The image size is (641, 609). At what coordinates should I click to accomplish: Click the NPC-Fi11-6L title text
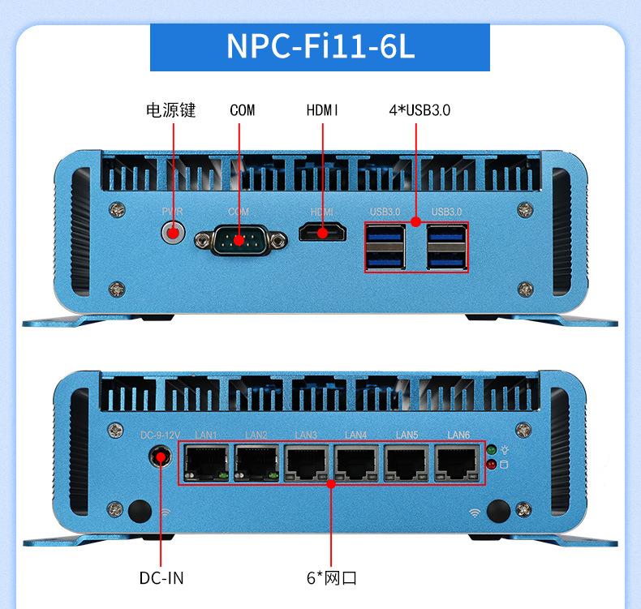(x=320, y=46)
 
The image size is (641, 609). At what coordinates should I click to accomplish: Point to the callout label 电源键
(x=170, y=110)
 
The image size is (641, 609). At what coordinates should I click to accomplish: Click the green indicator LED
(x=490, y=449)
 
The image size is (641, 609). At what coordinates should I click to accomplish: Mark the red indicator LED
(x=490, y=465)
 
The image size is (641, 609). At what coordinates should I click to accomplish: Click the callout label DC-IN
(x=161, y=578)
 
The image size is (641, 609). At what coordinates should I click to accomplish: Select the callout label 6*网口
(x=331, y=578)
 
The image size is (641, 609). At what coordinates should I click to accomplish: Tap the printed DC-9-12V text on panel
(x=160, y=435)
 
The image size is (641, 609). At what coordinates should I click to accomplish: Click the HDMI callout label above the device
(x=322, y=110)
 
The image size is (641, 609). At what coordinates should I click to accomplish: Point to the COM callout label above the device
(x=242, y=110)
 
